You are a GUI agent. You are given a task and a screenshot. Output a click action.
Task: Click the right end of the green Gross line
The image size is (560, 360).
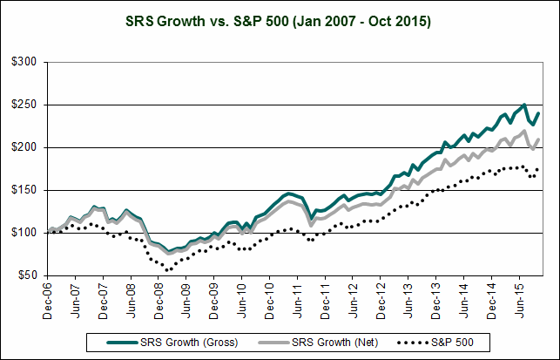click(x=540, y=112)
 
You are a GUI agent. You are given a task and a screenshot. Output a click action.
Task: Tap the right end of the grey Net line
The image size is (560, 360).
click(x=540, y=139)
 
